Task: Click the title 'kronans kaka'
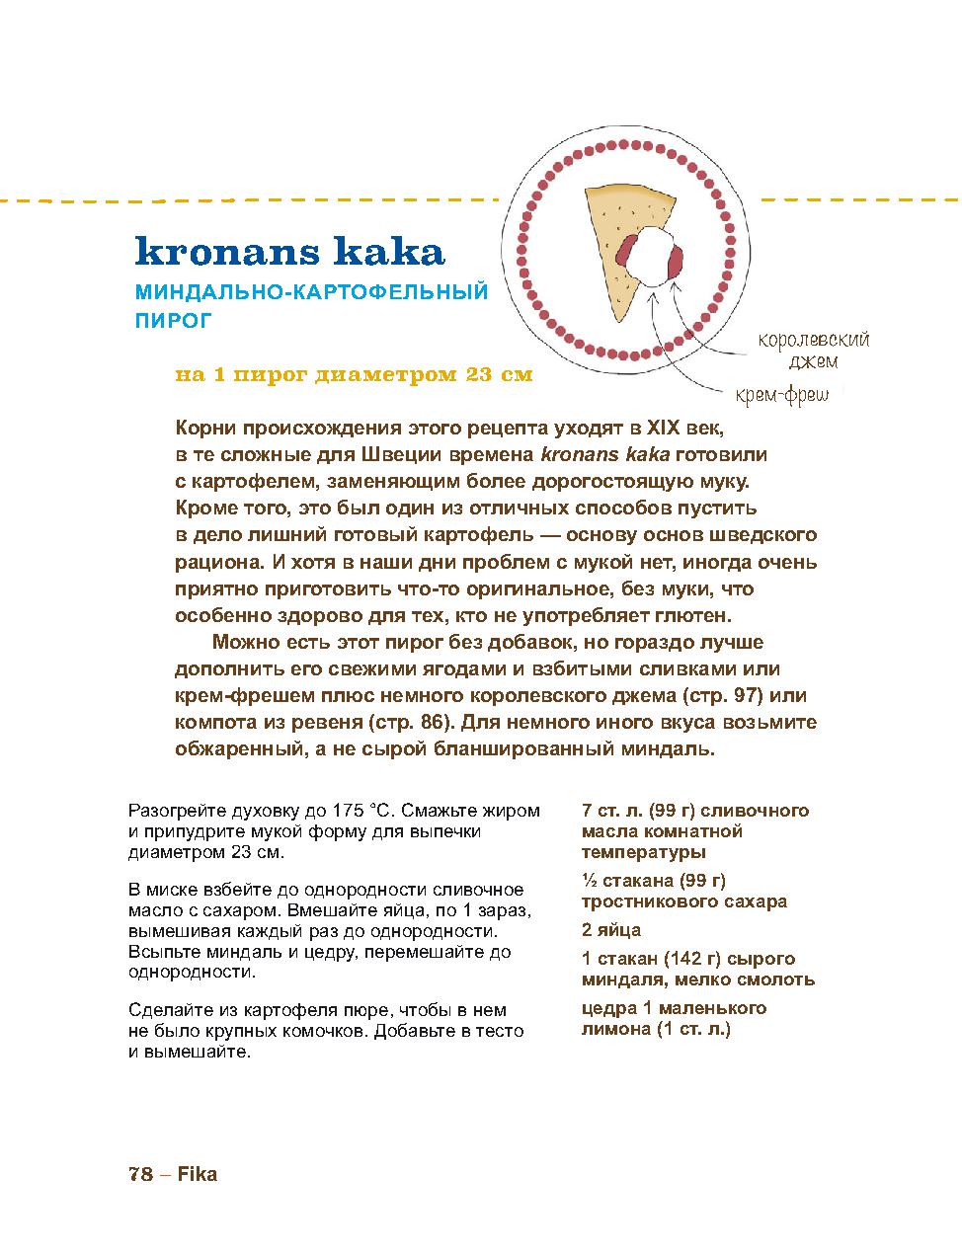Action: pyautogui.click(x=289, y=251)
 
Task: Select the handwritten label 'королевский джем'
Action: pyautogui.click(x=813, y=351)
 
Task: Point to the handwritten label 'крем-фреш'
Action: pyautogui.click(x=781, y=397)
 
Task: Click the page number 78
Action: pyautogui.click(x=140, y=1174)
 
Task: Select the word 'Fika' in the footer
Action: pyautogui.click(x=198, y=1174)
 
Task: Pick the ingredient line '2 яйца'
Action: pyautogui.click(x=611, y=930)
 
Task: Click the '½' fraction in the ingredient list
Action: pyautogui.click(x=589, y=881)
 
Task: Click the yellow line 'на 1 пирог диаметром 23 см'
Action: pyautogui.click(x=354, y=375)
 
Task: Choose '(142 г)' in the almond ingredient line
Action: pyautogui.click(x=681, y=959)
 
